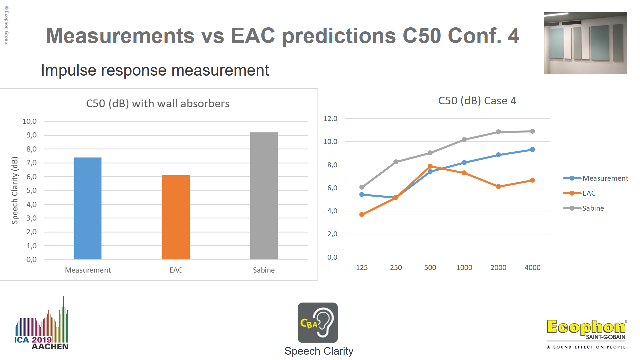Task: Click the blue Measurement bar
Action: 88,208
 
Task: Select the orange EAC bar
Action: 176,217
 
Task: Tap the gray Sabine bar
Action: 264,196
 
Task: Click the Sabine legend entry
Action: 593,208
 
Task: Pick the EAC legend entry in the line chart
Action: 589,193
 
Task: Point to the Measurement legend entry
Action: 605,178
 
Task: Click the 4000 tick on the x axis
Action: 532,268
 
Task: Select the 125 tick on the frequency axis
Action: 362,268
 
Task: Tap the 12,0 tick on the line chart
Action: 330,119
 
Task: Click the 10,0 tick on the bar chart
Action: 29,121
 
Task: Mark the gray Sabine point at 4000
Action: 532,131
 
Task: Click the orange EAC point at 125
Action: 362,214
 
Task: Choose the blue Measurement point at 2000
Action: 498,155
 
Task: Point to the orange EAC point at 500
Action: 430,166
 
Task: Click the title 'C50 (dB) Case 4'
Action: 477,101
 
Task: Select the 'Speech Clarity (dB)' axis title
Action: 15,190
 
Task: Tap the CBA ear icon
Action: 318,322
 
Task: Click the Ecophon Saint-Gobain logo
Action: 586,333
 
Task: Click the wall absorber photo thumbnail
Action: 586,43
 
